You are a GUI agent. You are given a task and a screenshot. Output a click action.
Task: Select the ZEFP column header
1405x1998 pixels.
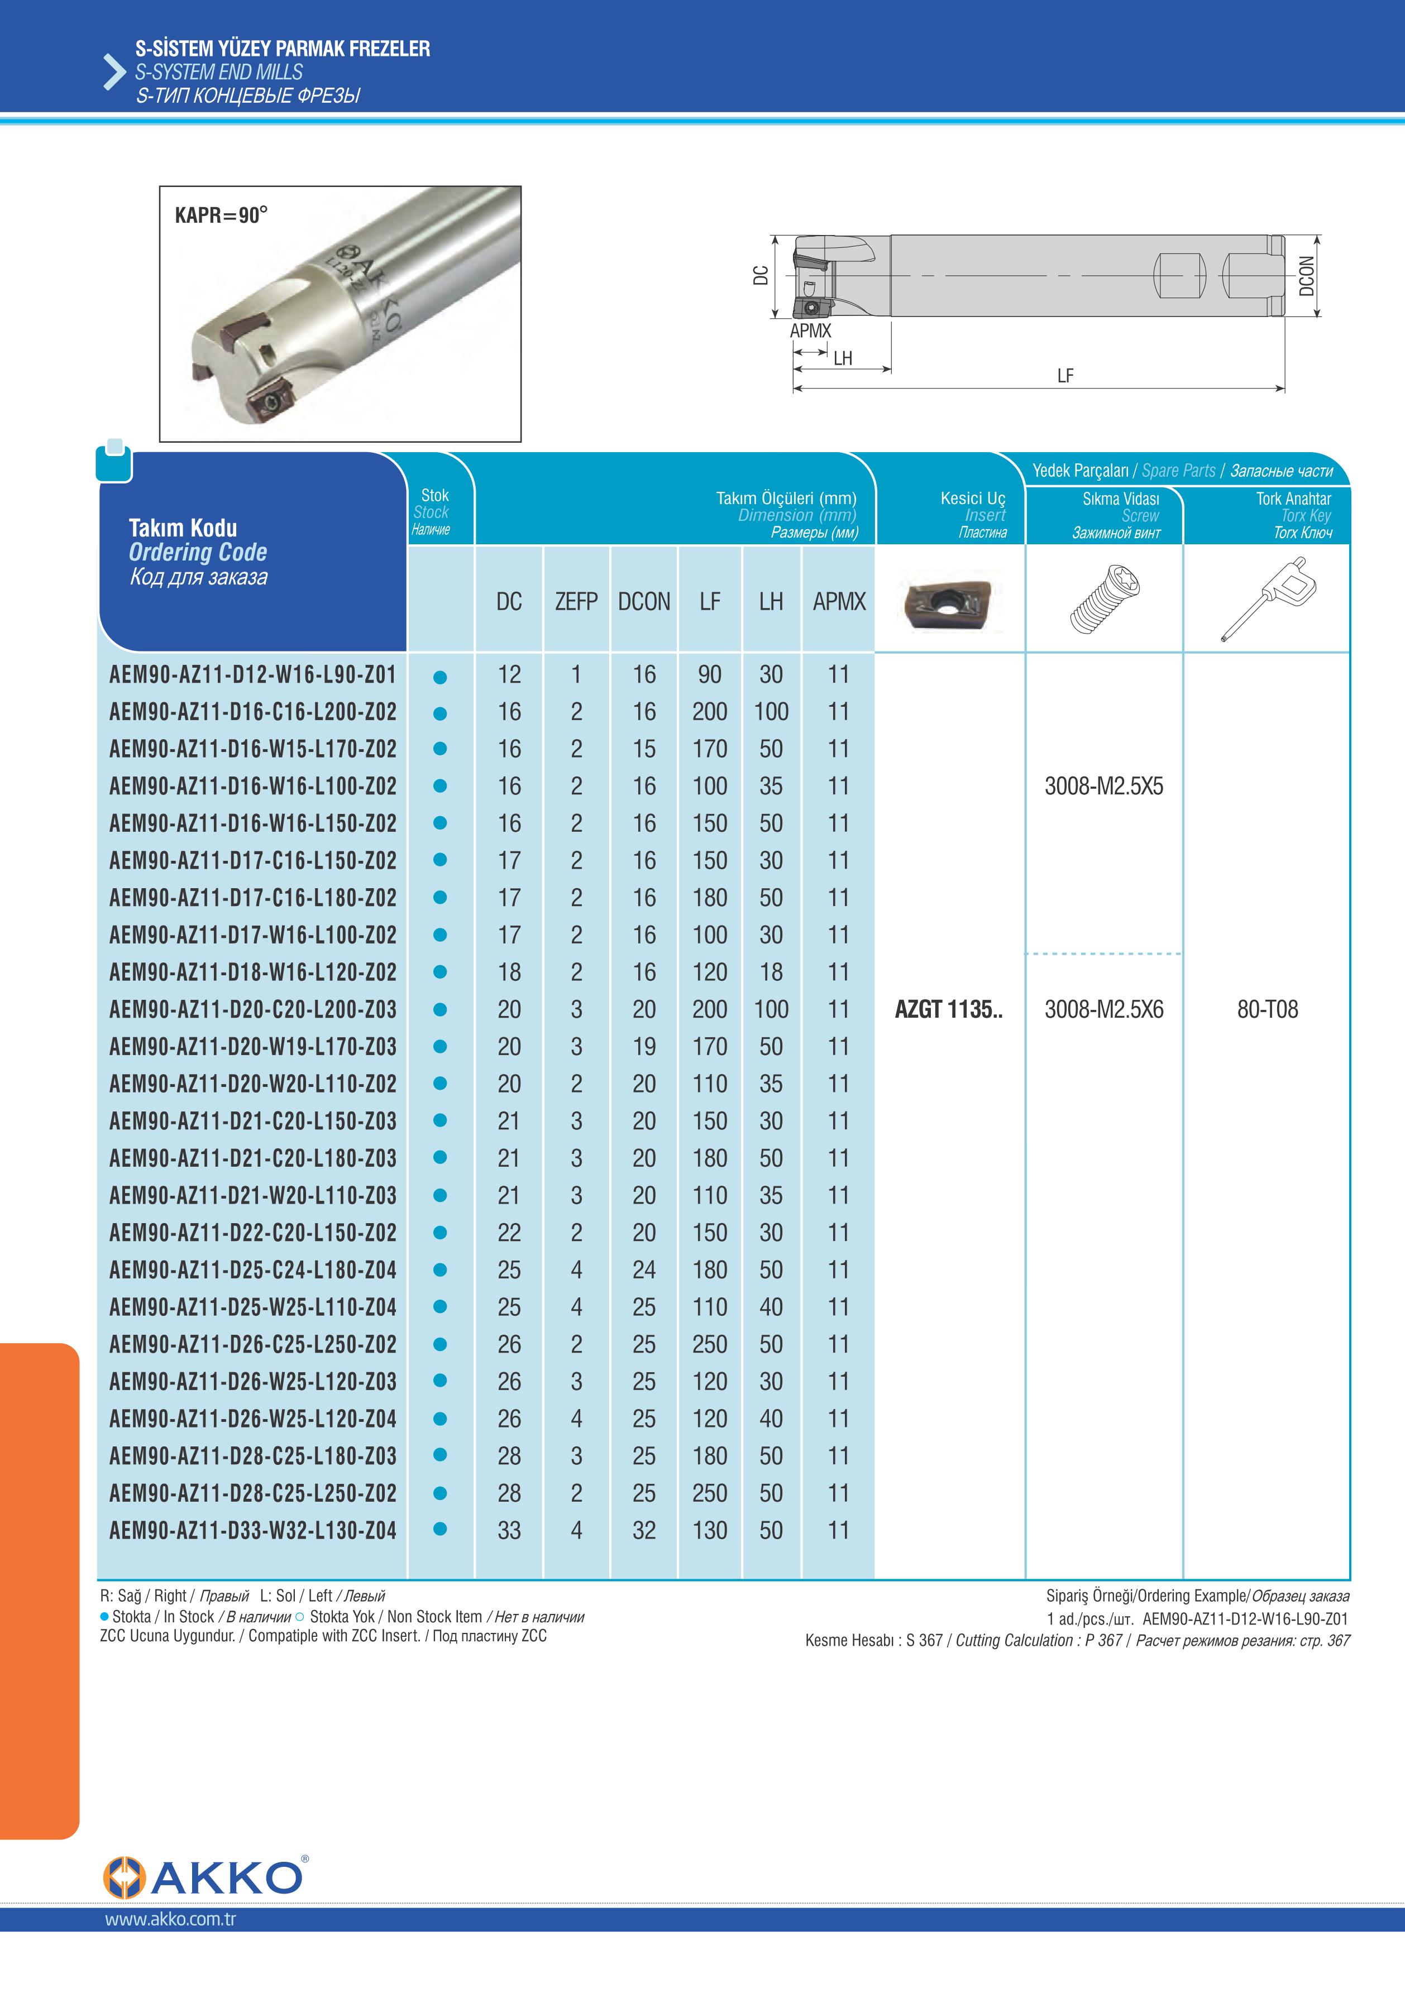pyautogui.click(x=576, y=601)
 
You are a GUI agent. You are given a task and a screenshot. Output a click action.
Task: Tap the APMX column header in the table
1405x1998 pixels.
pyautogui.click(x=838, y=601)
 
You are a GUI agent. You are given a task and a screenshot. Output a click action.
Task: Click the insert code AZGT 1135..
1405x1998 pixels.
pyautogui.click(x=948, y=1009)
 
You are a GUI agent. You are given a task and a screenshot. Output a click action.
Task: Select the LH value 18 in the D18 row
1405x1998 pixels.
pyautogui.click(x=771, y=972)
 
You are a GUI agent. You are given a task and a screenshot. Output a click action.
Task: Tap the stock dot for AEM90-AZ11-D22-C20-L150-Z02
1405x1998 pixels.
pyautogui.click(x=441, y=1233)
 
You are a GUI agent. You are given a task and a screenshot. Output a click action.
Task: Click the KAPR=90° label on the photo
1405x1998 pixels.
pyautogui.click(x=221, y=215)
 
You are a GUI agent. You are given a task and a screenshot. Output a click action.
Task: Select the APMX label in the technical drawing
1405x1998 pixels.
pyautogui.click(x=810, y=330)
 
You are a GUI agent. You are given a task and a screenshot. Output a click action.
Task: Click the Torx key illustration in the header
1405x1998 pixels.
pyautogui.click(x=1268, y=598)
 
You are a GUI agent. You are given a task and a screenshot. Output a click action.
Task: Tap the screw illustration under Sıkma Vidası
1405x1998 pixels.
pyautogui.click(x=1104, y=598)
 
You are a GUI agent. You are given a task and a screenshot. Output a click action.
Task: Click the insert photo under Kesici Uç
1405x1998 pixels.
pyautogui.click(x=950, y=601)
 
